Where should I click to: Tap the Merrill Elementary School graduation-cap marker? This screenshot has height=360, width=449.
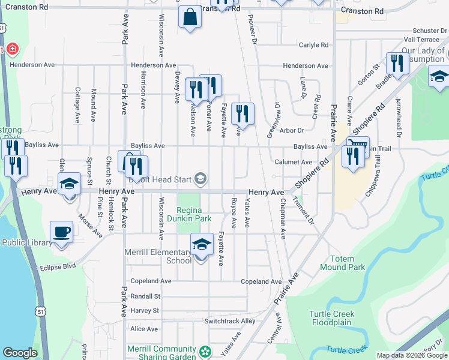pos(202,244)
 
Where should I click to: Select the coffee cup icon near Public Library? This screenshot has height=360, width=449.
pos(62,232)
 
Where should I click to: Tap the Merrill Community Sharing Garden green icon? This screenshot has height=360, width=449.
pos(205,350)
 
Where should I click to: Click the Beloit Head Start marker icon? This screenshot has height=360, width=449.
pos(200,178)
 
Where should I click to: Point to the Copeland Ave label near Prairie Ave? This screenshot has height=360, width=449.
pos(261,281)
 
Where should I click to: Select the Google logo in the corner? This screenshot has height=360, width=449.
pos(20,353)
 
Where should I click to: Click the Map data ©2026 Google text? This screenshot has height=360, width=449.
pos(411,356)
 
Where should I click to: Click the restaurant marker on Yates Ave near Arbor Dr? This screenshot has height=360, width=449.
pos(243,113)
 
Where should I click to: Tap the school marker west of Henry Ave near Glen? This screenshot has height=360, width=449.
pos(70,184)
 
